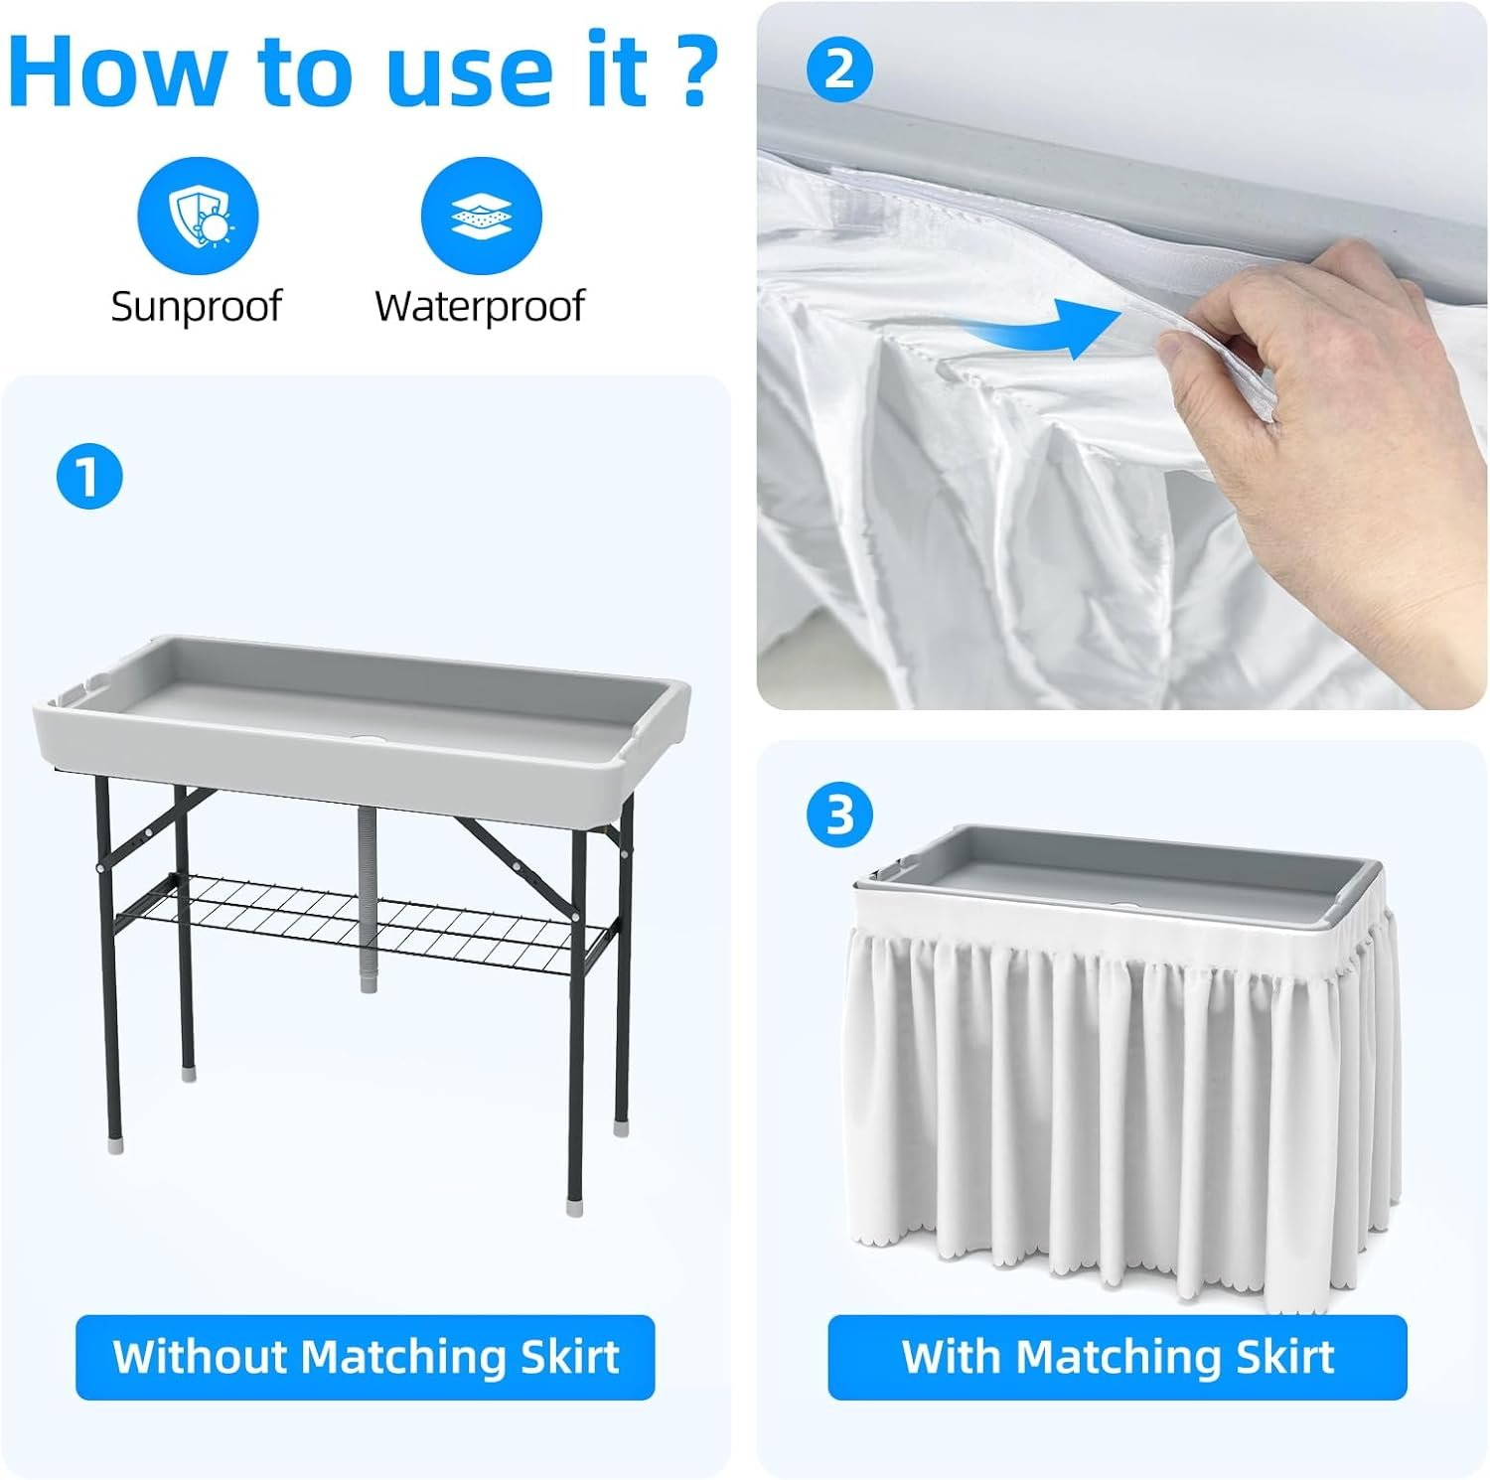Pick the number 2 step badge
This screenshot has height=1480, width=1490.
coord(839,70)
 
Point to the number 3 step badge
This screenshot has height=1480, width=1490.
coord(839,814)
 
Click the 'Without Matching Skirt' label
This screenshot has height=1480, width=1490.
coord(366,1357)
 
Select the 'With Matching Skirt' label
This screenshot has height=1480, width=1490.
coord(1117,1357)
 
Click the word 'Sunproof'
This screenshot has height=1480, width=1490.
coord(197,306)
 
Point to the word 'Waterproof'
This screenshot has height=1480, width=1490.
coord(480,306)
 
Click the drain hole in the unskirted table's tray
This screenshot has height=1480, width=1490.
coord(372,740)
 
